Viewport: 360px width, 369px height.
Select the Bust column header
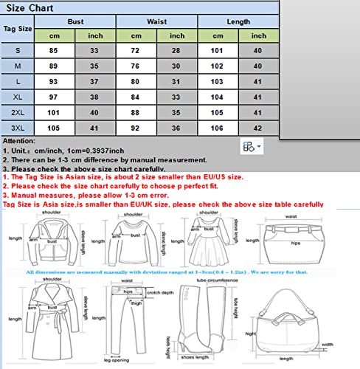point(75,23)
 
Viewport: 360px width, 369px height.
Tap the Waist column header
point(156,23)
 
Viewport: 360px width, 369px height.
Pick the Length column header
point(238,23)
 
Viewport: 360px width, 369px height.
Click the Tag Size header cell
point(18,30)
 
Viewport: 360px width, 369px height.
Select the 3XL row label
point(18,128)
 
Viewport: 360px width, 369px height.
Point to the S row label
point(18,50)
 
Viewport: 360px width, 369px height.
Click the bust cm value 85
point(53,50)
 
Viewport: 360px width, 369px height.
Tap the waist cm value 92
point(136,128)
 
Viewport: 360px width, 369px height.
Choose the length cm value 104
point(216,97)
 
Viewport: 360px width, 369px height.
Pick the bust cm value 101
point(53,113)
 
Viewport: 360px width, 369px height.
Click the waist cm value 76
point(136,66)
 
